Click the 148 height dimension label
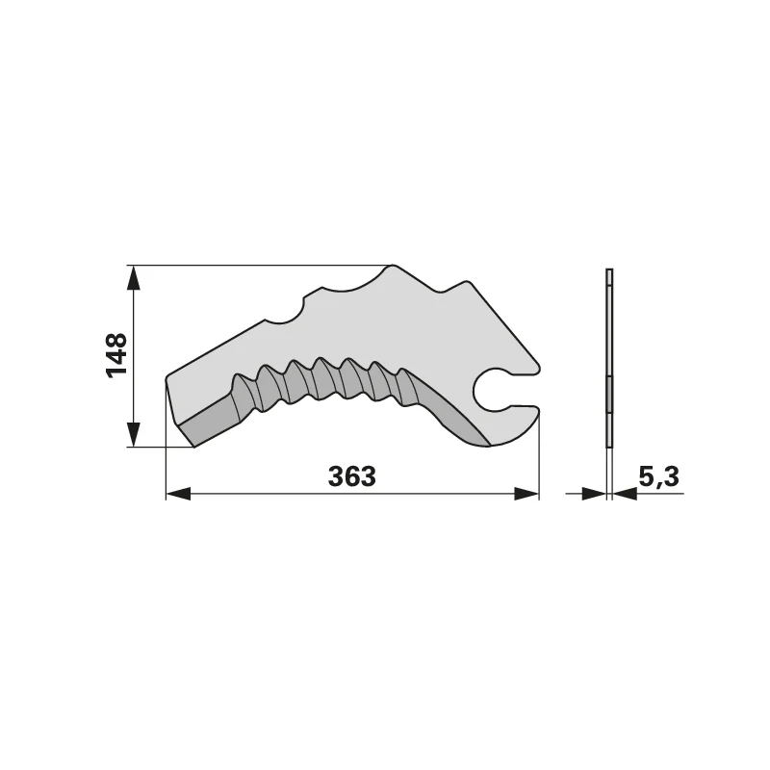pyautogui.click(x=116, y=355)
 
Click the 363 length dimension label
pyautogui.click(x=351, y=476)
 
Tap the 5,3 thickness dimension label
pyautogui.click(x=659, y=476)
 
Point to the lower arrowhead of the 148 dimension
pyautogui.click(x=133, y=435)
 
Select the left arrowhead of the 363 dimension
pyautogui.click(x=178, y=494)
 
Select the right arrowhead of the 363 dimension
pyautogui.click(x=526, y=494)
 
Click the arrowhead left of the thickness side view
pyautogui.click(x=594, y=494)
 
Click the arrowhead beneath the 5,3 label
pyautogui.click(x=625, y=494)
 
